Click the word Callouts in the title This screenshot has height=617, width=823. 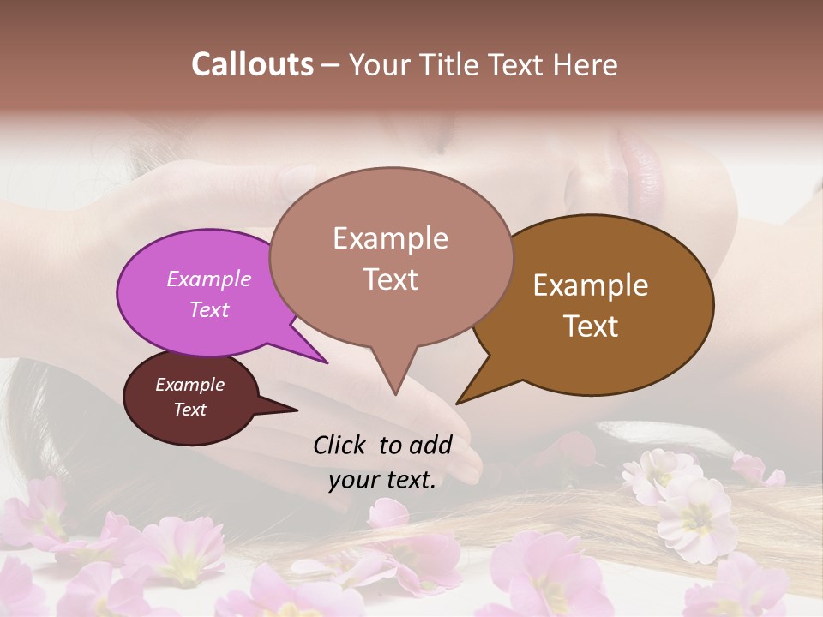[252, 64]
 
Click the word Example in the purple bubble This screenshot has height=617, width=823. [209, 279]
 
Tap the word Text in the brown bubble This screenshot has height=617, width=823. [591, 326]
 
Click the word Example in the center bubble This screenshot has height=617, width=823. [390, 238]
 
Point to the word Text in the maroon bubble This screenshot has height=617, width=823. [189, 410]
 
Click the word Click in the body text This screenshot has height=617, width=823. [339, 445]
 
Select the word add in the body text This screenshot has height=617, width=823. [430, 445]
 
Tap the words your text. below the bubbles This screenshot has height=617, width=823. [382, 481]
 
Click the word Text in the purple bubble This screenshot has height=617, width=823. [209, 309]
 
